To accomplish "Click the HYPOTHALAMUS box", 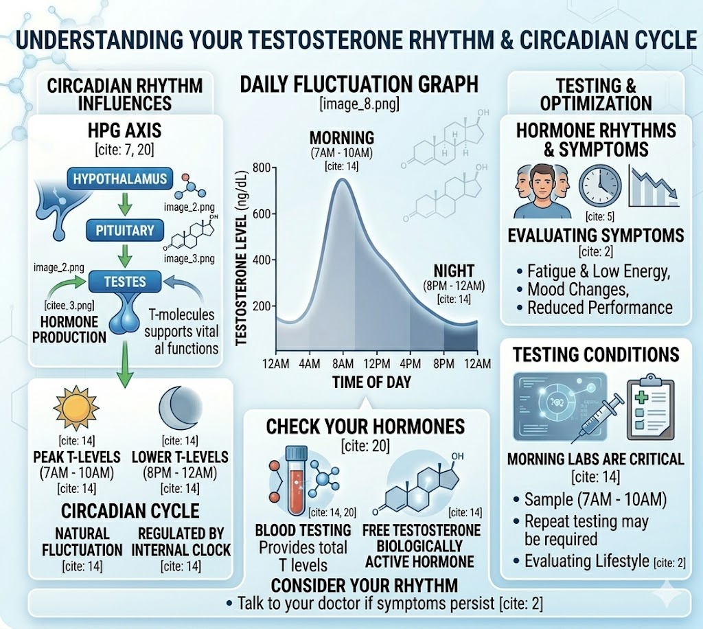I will (x=120, y=179).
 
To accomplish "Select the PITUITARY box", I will (x=121, y=229).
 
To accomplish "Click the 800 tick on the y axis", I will (x=262, y=168).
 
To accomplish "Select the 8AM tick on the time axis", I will (x=342, y=363).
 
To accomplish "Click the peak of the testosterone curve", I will (x=341, y=180).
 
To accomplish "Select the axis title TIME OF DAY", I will (x=371, y=382).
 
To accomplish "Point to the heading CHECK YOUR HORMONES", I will (x=365, y=426).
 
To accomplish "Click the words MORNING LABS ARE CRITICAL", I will (x=595, y=459).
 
